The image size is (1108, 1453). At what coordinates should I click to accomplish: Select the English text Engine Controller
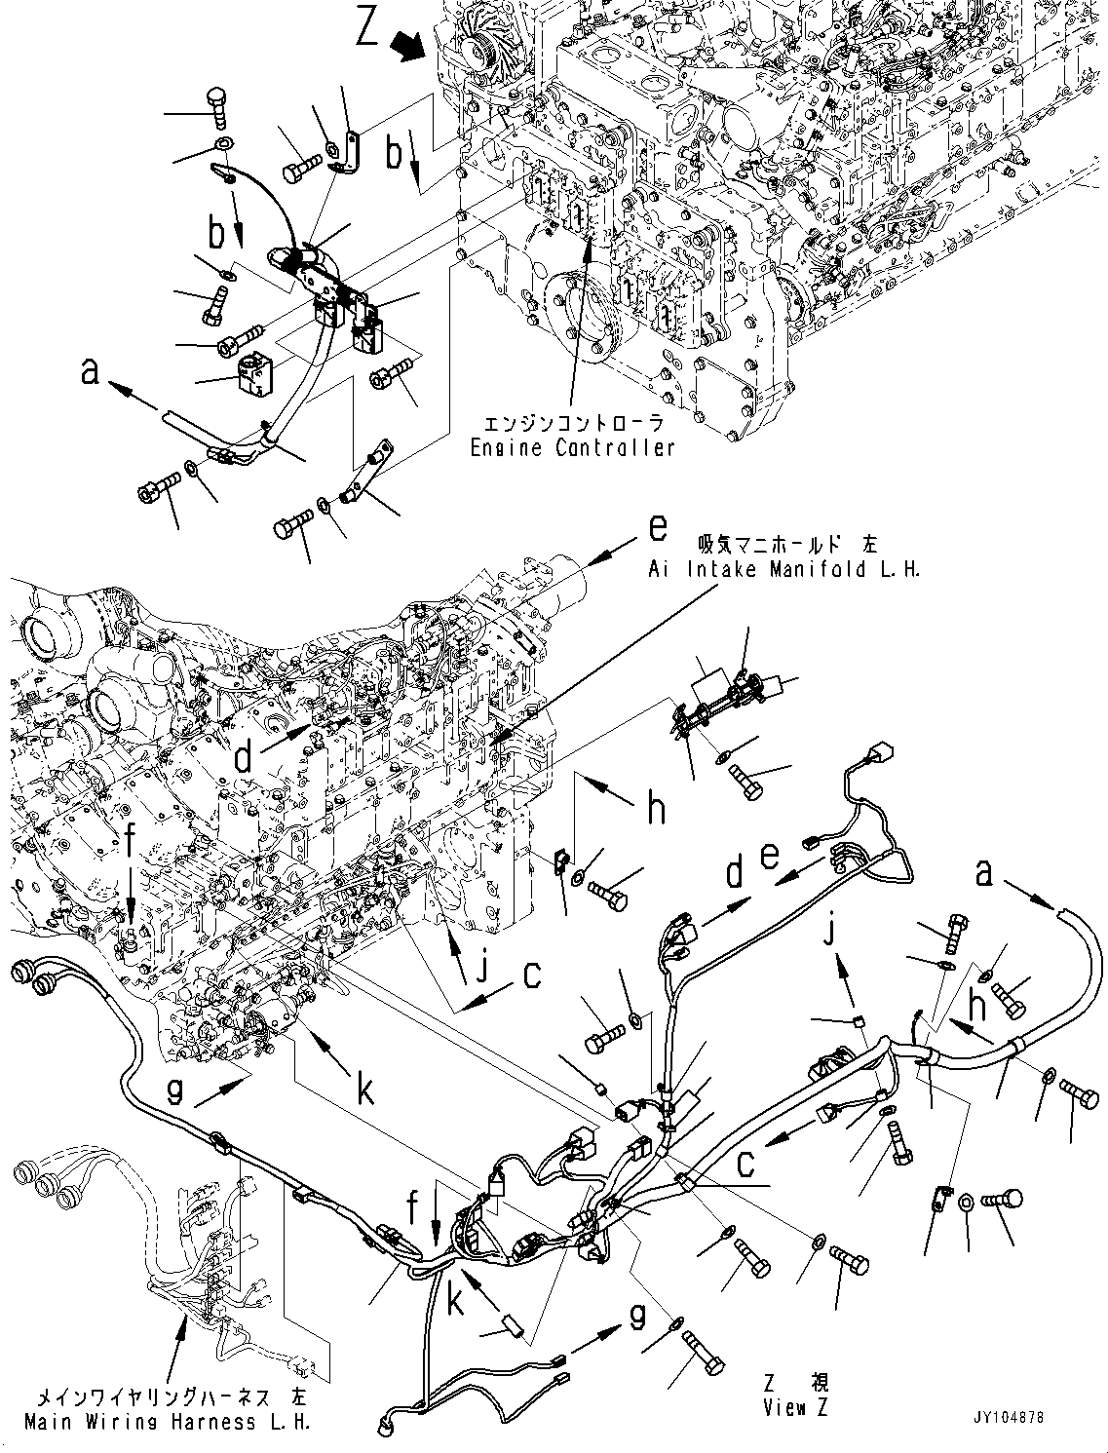click(572, 448)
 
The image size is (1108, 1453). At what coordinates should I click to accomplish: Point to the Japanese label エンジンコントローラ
click(572, 424)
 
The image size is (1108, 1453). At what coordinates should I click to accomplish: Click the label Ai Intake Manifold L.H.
click(783, 570)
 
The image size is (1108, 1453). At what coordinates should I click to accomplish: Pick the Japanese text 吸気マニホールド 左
click(783, 544)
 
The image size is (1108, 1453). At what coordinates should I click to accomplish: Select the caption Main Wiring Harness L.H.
click(167, 1422)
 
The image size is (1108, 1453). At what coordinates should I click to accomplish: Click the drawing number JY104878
click(1003, 1418)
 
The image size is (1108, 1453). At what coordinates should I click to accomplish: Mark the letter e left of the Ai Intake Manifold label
click(659, 529)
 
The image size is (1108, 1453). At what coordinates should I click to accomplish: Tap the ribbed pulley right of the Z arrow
click(479, 49)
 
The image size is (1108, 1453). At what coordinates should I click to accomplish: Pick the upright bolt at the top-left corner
click(217, 106)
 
